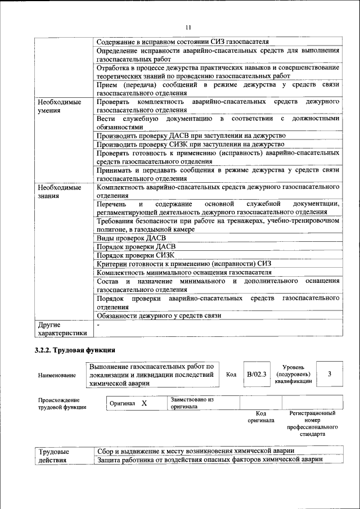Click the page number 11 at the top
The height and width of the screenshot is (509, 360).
188,27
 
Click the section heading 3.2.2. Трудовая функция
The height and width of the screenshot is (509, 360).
75,350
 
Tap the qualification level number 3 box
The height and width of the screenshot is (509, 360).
329,374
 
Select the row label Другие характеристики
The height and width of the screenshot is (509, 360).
62,328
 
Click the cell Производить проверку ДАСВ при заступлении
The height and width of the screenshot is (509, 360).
191,136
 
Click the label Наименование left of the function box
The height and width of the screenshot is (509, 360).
56,375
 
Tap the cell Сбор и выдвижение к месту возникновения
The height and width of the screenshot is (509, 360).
196,451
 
